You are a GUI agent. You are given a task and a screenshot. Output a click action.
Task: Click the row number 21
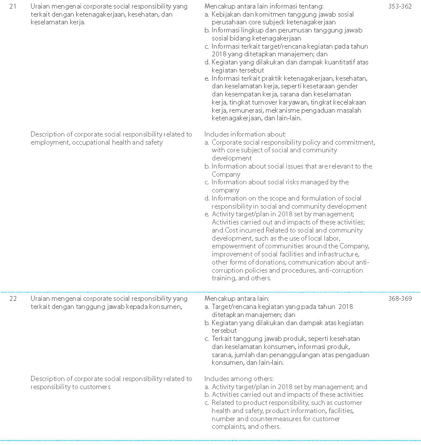tap(13, 6)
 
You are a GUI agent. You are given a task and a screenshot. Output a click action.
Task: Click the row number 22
tap(13, 299)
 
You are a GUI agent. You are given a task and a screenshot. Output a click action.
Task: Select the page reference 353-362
tap(400, 6)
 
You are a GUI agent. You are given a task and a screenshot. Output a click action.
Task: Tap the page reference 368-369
tap(400, 299)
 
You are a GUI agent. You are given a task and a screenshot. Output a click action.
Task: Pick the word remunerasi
tap(248, 111)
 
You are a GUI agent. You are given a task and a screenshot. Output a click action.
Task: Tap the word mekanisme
tap(293, 111)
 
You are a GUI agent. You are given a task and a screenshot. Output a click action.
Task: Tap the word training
tap(223, 278)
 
